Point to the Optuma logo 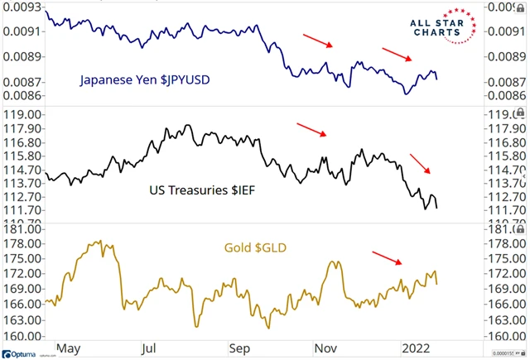25,354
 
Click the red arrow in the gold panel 387,257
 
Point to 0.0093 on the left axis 25,7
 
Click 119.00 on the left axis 24,115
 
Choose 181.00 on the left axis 24,228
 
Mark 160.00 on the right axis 504,336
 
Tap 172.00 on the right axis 504,273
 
